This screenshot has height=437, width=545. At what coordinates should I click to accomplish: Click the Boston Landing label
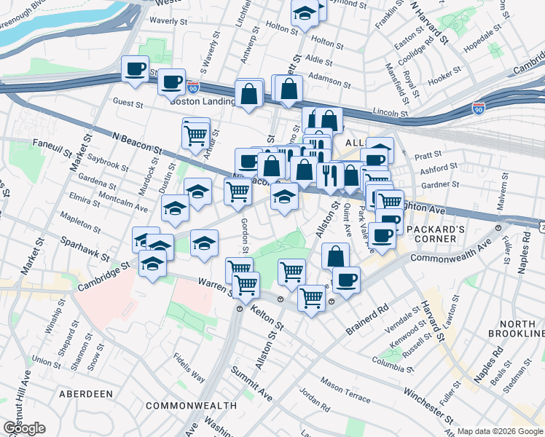[x=202, y=101]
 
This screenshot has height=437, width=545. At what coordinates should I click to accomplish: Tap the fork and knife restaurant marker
[x=330, y=176]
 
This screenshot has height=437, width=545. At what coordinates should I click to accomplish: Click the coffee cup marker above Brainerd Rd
[x=348, y=279]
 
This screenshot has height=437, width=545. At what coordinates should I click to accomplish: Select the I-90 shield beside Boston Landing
[x=192, y=86]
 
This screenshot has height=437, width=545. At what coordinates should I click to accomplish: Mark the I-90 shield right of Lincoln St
[x=479, y=109]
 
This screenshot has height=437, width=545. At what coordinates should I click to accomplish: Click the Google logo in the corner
[x=24, y=428]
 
